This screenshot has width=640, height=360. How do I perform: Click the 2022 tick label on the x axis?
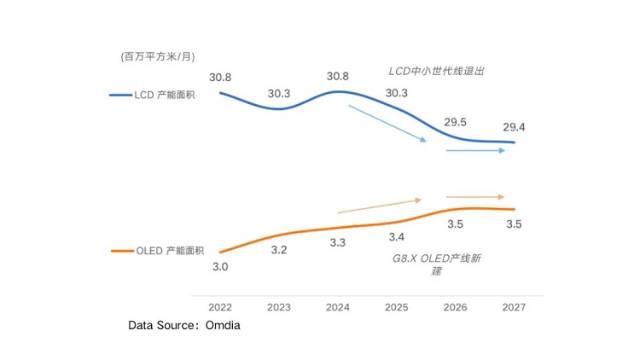coord(220,306)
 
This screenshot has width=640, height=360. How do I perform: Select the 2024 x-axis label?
coord(338,306)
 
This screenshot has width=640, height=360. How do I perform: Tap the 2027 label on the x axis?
coord(514,306)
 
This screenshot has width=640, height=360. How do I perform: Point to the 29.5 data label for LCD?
coord(456,121)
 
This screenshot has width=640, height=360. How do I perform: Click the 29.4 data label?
coord(513,127)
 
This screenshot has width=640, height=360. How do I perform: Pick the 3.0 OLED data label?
coord(220,267)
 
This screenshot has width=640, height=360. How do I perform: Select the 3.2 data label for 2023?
coord(279,250)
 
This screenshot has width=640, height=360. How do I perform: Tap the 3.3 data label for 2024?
coord(338,243)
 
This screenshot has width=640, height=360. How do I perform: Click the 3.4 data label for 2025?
coord(397,236)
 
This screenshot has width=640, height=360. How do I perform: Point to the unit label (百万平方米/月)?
coord(159,57)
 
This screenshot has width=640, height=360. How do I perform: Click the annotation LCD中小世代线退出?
coord(437,71)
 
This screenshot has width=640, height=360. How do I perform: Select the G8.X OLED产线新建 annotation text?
coord(436,264)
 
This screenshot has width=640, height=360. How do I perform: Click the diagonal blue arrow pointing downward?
coord(387,124)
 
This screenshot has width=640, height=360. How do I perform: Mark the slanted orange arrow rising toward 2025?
coord(380,206)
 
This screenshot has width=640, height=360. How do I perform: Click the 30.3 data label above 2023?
coord(279,93)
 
